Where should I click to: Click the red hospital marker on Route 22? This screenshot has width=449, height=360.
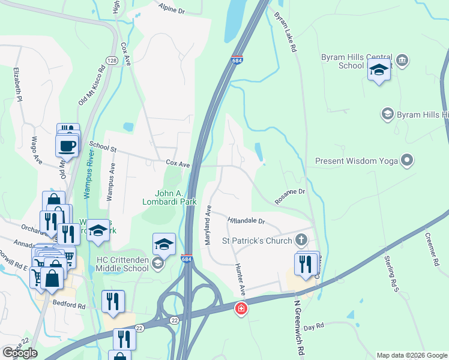tap(241, 308)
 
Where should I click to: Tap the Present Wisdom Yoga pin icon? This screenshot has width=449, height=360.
tap(408, 160)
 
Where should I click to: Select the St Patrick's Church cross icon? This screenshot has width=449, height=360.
tap(302, 241)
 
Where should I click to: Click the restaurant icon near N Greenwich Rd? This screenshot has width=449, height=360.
tap(306, 264)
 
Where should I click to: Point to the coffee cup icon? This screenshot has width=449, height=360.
tap(67, 145)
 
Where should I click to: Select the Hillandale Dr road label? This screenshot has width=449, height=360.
tap(246, 221)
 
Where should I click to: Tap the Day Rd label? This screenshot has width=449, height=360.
tap(313, 327)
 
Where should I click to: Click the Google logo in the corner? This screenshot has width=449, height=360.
tap(20, 352)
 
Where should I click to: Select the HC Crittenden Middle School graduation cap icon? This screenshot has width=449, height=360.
tap(157, 264)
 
